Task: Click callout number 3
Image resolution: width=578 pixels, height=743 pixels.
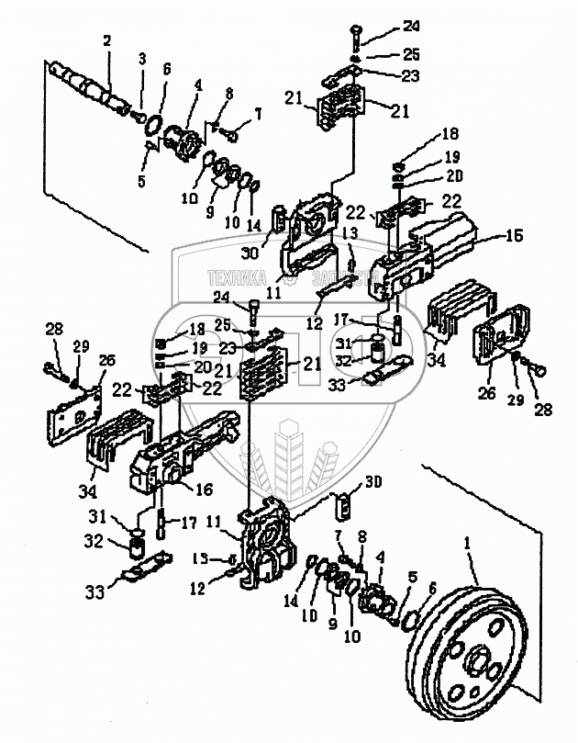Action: pyautogui.click(x=142, y=59)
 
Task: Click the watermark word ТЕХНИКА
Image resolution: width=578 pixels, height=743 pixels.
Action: pyautogui.click(x=239, y=276)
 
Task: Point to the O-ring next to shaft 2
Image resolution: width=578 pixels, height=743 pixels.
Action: pyautogui.click(x=156, y=124)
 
